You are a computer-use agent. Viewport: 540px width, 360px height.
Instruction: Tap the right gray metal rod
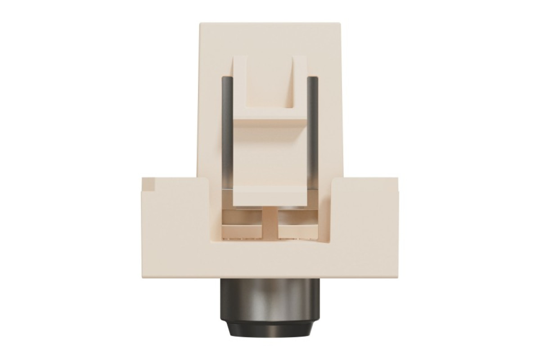[313, 130]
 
